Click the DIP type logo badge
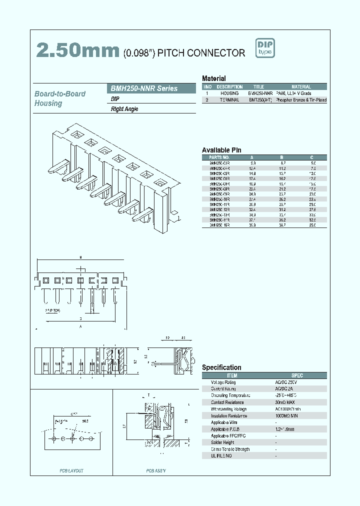coord(265,48)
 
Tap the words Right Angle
coord(124,109)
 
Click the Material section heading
coord(213,78)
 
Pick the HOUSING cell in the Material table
coord(229,93)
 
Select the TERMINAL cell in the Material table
coord(229,100)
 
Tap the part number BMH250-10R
coord(219,199)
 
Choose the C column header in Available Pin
coord(312,156)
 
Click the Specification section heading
coord(221,367)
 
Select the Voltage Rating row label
coord(223,382)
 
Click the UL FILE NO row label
coord(222,456)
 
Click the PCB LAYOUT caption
coord(71,470)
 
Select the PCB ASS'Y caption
coord(156,470)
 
